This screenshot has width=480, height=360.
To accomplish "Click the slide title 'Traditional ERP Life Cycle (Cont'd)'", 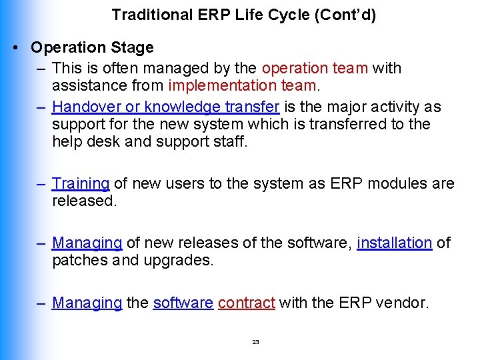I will point(244,15).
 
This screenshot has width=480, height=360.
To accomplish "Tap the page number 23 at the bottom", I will point(255,342).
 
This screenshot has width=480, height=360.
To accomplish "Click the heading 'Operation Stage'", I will point(92,48).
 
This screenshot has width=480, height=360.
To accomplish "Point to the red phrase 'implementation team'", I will point(242,85).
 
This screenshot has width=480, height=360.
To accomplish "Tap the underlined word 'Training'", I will point(81,183).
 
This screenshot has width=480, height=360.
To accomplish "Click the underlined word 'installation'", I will point(394,243).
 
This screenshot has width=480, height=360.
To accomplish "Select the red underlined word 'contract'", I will point(246,303).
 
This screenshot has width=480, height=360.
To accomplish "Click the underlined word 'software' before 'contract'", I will point(183,303).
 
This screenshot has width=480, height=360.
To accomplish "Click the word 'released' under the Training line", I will point(84,201).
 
